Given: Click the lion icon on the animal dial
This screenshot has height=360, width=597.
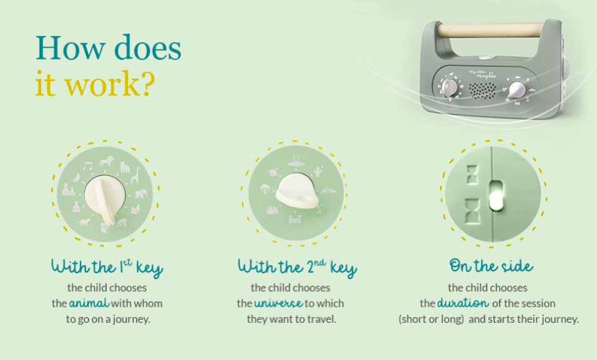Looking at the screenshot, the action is click(x=107, y=162).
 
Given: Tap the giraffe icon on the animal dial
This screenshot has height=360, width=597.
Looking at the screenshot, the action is click(x=136, y=175).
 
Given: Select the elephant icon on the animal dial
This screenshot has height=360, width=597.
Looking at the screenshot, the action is click(x=141, y=194).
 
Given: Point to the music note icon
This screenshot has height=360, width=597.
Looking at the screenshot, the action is click(x=88, y=165).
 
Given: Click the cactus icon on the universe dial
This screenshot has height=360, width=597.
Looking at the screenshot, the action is click(x=318, y=171).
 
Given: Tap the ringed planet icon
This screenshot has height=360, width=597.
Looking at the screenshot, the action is click(x=274, y=173).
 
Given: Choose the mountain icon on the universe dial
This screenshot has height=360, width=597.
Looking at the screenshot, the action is click(x=328, y=190).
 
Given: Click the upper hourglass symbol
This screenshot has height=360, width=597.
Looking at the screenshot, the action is click(x=472, y=175).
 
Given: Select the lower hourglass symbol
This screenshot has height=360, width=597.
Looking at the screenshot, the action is click(x=472, y=211).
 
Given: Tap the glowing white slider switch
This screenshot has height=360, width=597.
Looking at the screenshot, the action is click(x=495, y=196).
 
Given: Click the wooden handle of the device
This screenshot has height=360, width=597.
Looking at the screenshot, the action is click(x=490, y=30).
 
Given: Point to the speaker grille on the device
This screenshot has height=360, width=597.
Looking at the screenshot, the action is click(x=482, y=90).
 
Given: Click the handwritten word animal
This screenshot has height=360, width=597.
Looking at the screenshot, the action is click(x=89, y=303).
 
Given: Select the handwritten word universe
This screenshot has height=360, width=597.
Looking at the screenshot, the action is click(x=279, y=303).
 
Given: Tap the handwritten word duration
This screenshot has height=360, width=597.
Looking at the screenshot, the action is click(x=463, y=303).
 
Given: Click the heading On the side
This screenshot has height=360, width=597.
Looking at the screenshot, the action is click(x=491, y=266).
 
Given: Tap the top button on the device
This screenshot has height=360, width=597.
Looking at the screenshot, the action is click(x=486, y=58).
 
